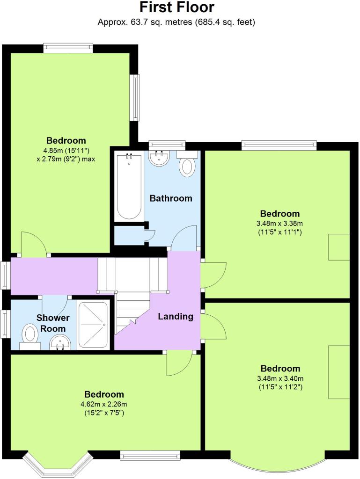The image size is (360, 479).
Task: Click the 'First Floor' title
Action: pyautogui.click(x=176, y=7)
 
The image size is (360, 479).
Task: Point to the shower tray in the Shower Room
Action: pyautogui.click(x=93, y=325)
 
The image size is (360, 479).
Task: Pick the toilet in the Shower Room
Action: pyautogui.click(x=30, y=337)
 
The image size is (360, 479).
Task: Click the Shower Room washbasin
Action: pyautogui.click(x=60, y=342)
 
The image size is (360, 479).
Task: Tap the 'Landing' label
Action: pyautogui.click(x=176, y=316)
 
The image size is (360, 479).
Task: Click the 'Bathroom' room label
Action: pyautogui.click(x=171, y=198)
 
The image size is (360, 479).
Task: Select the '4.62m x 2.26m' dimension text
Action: pyautogui.click(x=104, y=404)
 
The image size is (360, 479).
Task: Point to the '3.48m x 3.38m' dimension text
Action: pyautogui.click(x=279, y=223)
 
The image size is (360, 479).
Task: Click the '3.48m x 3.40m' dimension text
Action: pyautogui.click(x=280, y=378)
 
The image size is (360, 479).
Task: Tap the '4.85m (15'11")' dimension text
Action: pyautogui.click(x=66, y=150)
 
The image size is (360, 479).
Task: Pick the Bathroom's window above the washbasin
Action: pyautogui.click(x=167, y=145)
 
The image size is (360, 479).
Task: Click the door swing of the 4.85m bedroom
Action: pyautogui.click(x=33, y=243)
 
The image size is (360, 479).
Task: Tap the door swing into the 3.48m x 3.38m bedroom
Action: pyautogui.click(x=214, y=275)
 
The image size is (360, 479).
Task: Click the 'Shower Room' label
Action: pyautogui.click(x=53, y=323)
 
